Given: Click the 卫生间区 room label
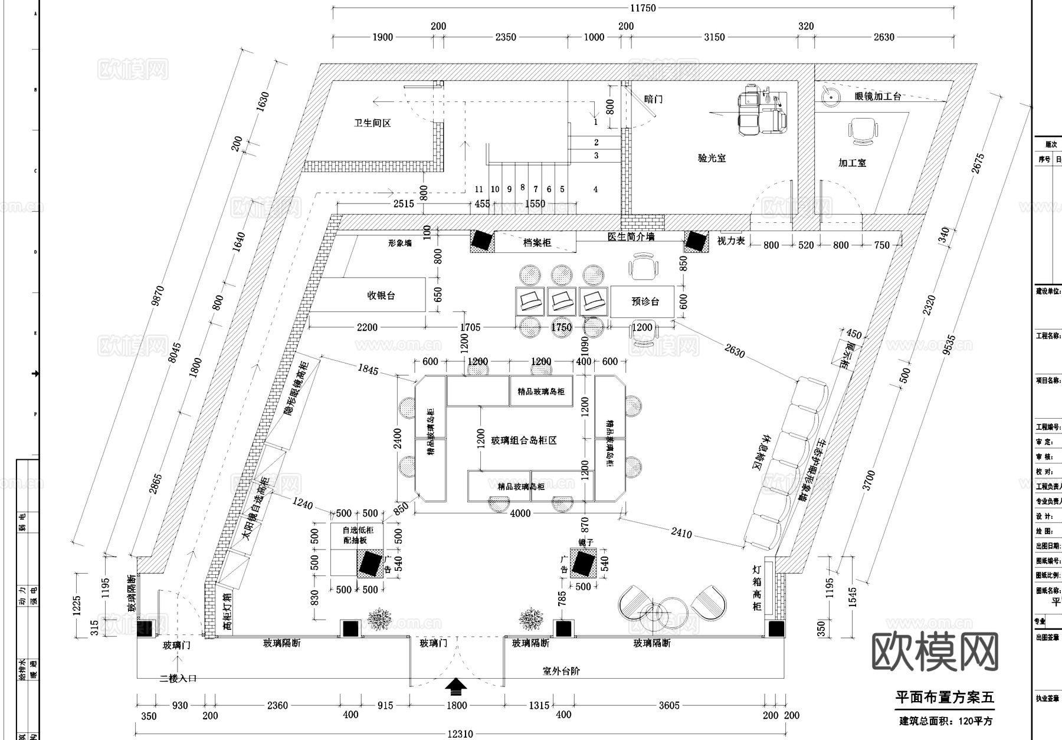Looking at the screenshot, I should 372,123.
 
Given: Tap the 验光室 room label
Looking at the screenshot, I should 712,158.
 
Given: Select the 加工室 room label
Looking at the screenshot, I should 852,163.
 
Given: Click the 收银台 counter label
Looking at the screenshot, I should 381,295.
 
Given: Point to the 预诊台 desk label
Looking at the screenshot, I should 645,301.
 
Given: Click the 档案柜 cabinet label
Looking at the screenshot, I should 537,242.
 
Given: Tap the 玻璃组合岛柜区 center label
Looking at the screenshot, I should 524,440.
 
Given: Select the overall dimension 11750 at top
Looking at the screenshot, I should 643,8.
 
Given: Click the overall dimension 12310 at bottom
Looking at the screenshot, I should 460,734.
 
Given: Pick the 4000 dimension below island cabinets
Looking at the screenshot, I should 520,514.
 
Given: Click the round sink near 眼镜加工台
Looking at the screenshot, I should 831,96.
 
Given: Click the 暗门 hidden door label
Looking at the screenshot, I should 653,99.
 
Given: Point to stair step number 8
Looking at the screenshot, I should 523,188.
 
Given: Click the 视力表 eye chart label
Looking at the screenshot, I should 730,241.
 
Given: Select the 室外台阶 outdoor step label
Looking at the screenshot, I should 561,671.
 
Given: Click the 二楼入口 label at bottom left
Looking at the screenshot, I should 178,679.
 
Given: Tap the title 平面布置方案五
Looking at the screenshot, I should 945,698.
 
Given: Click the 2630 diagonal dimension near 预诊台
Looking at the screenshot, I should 735,351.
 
